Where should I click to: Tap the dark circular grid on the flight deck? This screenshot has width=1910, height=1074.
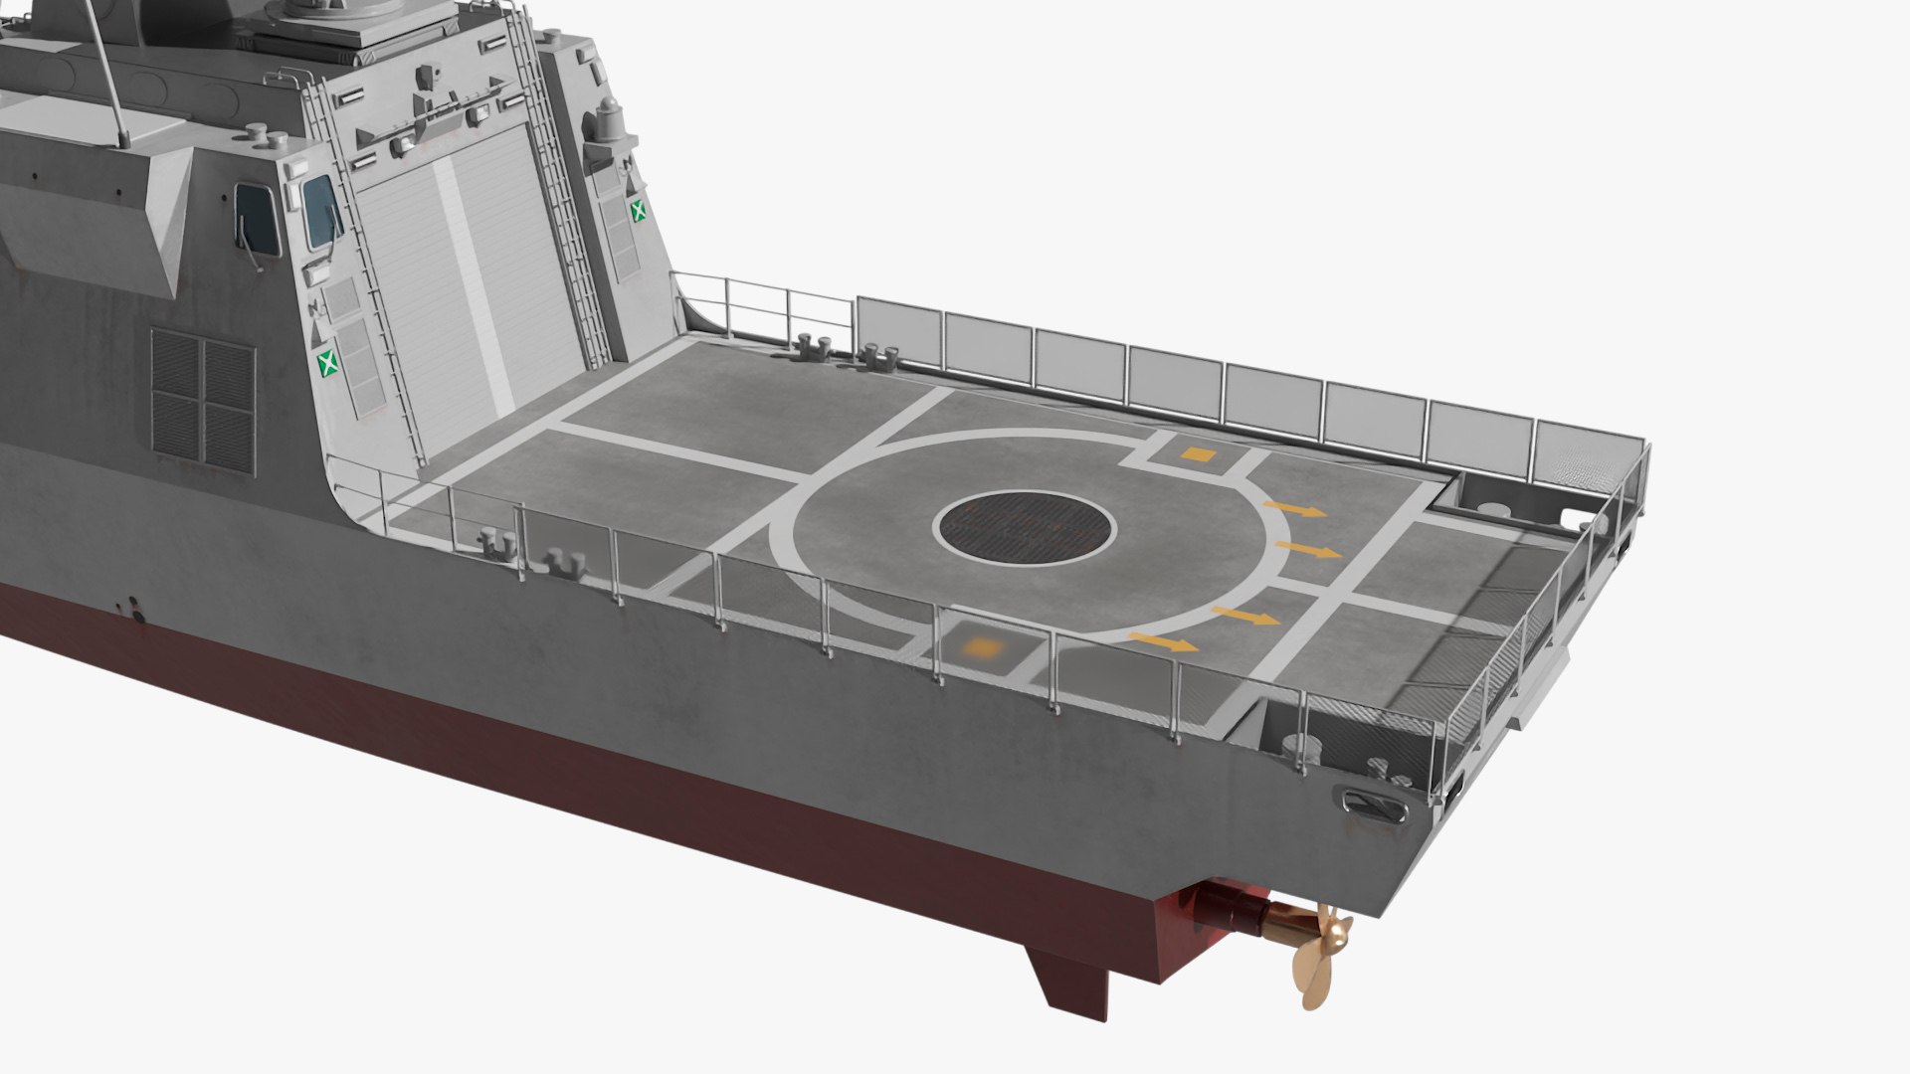[1025, 528]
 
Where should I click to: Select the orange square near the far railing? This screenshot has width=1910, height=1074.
[1199, 454]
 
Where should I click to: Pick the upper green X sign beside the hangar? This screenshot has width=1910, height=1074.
[637, 209]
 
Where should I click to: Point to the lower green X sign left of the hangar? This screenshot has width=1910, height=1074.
[326, 363]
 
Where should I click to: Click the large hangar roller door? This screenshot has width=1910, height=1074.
[468, 288]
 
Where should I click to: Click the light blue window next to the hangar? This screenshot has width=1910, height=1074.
[320, 211]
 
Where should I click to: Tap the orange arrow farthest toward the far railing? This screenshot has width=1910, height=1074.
[1295, 509]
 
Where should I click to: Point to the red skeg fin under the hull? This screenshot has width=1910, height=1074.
[1069, 980]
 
